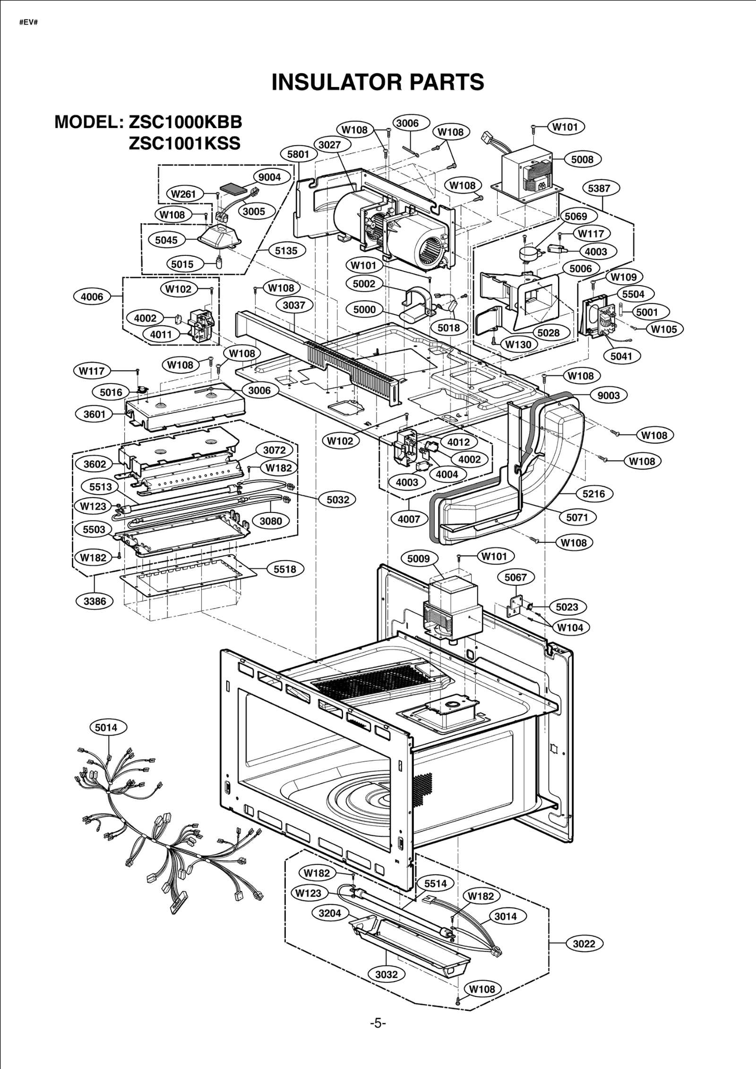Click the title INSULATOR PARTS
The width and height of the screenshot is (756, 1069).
tap(378, 82)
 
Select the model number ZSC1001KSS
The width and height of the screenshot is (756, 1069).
tap(184, 143)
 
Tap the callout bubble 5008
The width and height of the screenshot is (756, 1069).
tap(582, 159)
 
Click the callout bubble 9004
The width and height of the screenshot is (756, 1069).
tap(270, 177)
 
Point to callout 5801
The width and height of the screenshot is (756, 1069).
tap(298, 154)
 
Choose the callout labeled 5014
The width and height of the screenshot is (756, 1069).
tap(106, 727)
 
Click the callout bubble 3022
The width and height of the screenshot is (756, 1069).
tap(584, 944)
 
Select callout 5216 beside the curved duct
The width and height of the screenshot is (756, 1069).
tap(593, 494)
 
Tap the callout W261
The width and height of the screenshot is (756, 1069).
tap(183, 194)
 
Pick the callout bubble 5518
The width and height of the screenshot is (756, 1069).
tap(285, 569)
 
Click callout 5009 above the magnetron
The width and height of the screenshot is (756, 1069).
tap(419, 559)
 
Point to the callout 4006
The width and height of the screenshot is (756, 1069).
tap(92, 296)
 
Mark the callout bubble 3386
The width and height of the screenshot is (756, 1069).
tap(95, 601)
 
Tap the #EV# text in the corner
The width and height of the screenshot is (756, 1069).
tap(28, 22)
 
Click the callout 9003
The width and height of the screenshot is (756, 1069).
tap(609, 395)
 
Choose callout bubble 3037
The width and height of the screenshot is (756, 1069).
tap(294, 305)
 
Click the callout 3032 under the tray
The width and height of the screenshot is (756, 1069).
tap(387, 974)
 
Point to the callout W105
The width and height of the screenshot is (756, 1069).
tap(664, 330)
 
